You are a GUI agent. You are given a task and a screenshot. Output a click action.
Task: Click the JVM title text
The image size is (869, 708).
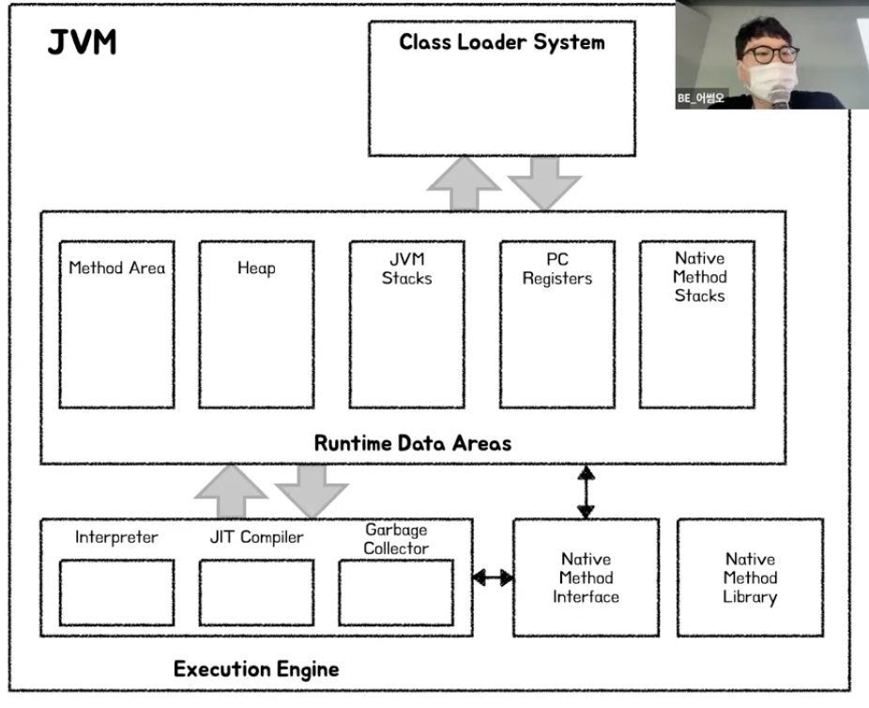[x=83, y=42]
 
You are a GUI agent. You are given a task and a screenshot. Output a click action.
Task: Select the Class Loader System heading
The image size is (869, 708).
[x=502, y=42]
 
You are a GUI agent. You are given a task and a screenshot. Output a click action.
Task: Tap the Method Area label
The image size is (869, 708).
[x=116, y=268]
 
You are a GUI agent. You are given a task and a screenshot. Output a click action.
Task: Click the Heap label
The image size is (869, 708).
[x=256, y=268]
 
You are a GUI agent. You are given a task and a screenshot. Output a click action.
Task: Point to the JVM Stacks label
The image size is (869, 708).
[x=407, y=268]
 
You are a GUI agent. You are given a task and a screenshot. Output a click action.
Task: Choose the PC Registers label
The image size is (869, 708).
[x=557, y=268]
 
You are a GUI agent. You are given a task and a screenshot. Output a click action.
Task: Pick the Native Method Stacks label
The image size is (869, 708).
[x=700, y=276]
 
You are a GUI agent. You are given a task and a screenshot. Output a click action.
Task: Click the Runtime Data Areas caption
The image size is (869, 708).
[x=413, y=443]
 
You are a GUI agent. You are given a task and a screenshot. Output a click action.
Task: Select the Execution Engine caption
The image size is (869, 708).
[x=256, y=670]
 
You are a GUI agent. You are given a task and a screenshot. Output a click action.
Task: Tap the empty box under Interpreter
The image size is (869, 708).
[x=116, y=592]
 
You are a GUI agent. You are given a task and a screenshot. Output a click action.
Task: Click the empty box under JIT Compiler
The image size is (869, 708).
[x=256, y=592]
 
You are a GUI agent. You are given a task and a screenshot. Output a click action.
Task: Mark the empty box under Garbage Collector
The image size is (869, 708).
[x=396, y=592]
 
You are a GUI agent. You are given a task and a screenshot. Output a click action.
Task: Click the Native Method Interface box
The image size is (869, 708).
[x=586, y=577]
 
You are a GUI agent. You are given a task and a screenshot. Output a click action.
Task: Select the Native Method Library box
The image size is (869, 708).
[x=750, y=577]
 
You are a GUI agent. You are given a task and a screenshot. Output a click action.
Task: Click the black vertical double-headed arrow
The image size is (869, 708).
[x=586, y=491]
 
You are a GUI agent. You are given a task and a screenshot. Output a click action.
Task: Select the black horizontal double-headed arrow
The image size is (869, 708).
[x=493, y=577]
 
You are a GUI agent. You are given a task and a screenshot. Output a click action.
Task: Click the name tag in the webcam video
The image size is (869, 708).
[x=701, y=98]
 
